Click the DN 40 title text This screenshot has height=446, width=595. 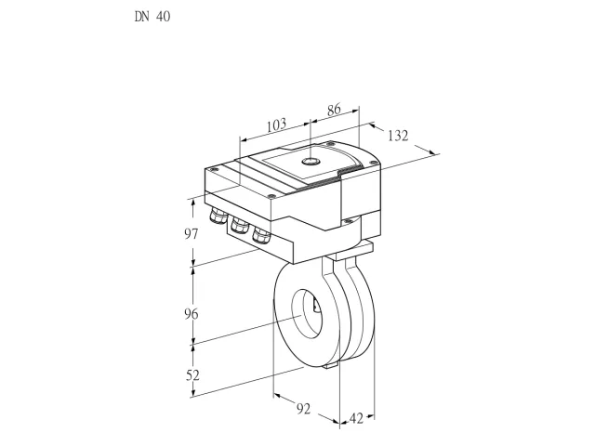[x=152, y=17]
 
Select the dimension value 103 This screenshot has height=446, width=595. [x=276, y=125]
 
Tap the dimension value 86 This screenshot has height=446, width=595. [x=334, y=110]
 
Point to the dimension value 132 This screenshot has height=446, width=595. [x=398, y=136]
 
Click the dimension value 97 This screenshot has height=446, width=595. [x=192, y=234]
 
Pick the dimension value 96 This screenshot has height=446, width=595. [x=192, y=314]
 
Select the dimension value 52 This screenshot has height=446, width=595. [x=192, y=375]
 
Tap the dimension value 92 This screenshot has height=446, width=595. [x=303, y=409]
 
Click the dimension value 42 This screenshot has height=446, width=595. [x=356, y=418]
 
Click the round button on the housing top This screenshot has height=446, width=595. [x=311, y=162]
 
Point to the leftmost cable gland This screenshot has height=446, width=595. [x=217, y=215]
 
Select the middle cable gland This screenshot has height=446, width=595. [x=239, y=225]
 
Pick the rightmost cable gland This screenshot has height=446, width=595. [x=261, y=235]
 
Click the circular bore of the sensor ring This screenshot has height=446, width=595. [x=307, y=313]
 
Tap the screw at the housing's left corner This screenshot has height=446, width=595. [x=215, y=169]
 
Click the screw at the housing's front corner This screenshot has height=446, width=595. [x=271, y=196]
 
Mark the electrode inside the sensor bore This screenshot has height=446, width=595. [x=315, y=305]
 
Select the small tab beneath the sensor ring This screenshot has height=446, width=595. [x=331, y=365]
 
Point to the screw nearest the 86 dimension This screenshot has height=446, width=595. [x=331, y=143]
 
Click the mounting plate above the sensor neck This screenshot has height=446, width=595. [x=351, y=250]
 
